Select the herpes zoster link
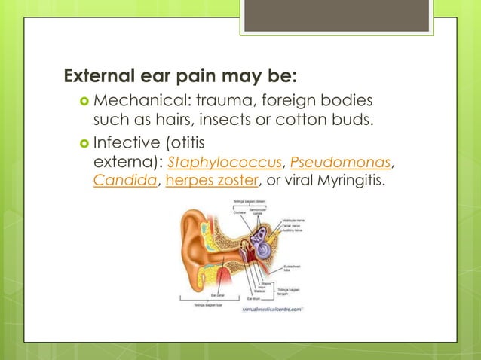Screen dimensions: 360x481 [x=211, y=181]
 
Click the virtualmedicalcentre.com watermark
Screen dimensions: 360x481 [x=272, y=309]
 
